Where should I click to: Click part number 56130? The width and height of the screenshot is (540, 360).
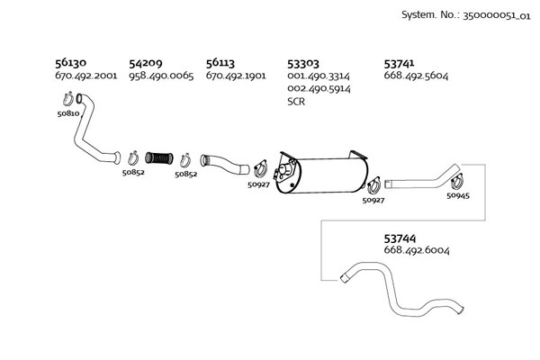[x=70, y=64]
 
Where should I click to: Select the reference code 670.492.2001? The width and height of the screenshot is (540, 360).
[x=85, y=76]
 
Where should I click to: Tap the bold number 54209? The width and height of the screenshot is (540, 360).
[x=146, y=64]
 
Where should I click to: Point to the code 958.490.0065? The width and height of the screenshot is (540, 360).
[x=161, y=76]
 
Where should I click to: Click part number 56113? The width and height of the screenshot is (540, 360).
[x=220, y=64]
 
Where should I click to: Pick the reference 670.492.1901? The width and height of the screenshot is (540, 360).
[x=236, y=76]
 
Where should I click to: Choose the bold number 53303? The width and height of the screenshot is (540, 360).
[x=303, y=64]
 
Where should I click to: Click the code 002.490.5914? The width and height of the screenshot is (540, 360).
[x=318, y=89]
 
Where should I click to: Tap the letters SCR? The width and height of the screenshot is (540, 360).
[x=296, y=102]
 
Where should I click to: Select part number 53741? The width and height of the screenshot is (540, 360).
[x=400, y=64]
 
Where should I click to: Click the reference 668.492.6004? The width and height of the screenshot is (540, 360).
[x=417, y=250]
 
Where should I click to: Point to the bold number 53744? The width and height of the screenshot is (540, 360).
[x=400, y=238]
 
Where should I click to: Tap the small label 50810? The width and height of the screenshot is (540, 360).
[x=68, y=115]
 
